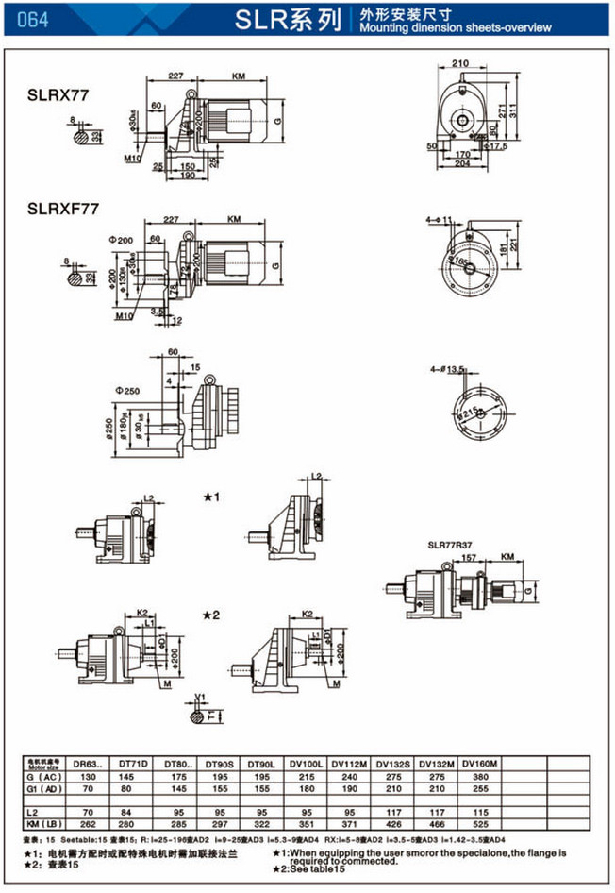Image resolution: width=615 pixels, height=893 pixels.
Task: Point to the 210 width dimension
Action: coord(460,65)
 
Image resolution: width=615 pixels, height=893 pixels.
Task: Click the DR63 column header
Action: coord(91,762)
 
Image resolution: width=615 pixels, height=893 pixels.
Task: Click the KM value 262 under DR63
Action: coord(90,822)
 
